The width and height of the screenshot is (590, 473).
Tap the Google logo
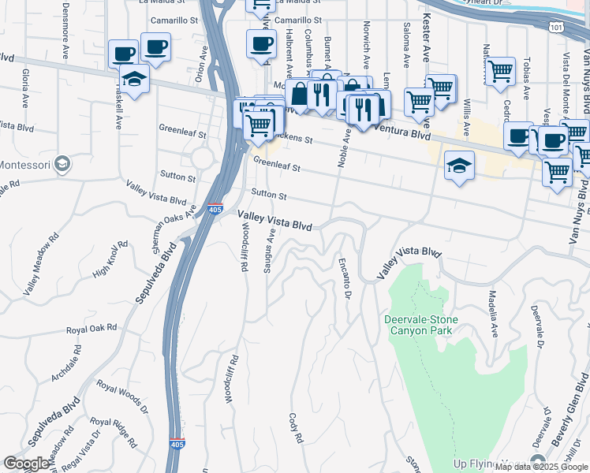[x=27, y=464]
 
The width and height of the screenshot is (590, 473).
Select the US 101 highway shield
[x=555, y=26]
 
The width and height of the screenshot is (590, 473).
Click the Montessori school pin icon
[x=63, y=164]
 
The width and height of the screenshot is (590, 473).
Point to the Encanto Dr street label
[x=344, y=279]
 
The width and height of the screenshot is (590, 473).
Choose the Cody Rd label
[x=297, y=426]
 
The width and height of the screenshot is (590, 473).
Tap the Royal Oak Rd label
[x=91, y=328]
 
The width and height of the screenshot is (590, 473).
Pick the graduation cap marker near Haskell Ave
[x=133, y=80]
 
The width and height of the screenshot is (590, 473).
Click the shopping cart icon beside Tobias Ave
[x=500, y=72]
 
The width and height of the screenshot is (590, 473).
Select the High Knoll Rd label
[x=110, y=261]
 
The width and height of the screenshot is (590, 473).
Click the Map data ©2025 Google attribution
[x=542, y=467]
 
